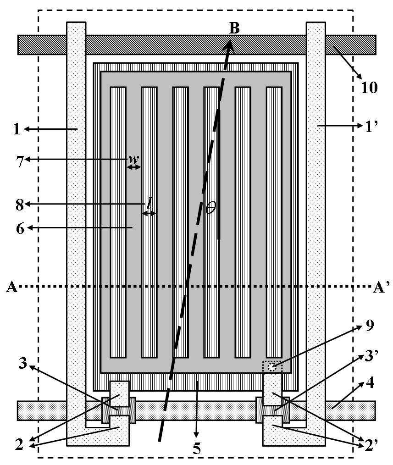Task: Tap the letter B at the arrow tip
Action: click(234, 28)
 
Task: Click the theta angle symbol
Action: click(210, 208)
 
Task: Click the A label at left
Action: click(11, 287)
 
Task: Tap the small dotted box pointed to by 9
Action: click(272, 366)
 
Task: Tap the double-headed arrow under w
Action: click(133, 168)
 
